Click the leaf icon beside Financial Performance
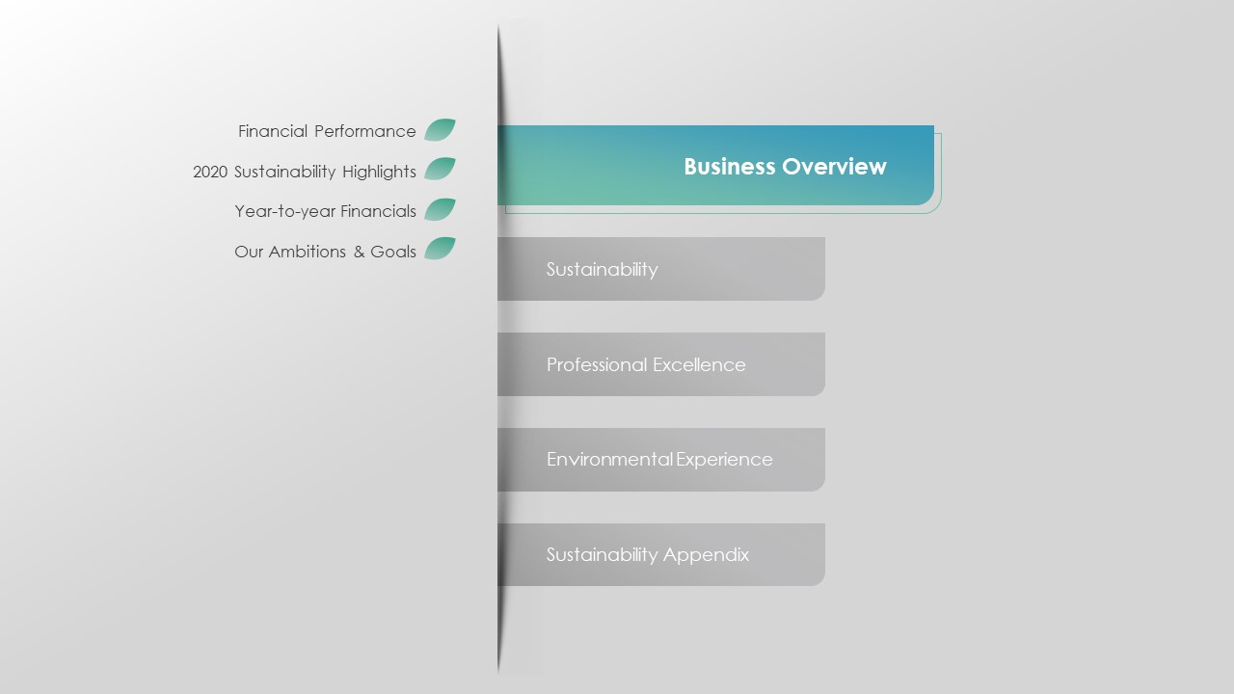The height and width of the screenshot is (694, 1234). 440,130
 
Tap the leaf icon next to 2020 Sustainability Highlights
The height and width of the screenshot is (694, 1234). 440,169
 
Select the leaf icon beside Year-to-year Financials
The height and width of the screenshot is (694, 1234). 440,209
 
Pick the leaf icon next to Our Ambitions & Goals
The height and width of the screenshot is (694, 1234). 440,249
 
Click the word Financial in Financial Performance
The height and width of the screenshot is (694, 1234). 273,131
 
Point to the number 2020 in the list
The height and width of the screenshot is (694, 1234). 210,172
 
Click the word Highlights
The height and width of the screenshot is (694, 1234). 379,172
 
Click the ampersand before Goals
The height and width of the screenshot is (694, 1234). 359,252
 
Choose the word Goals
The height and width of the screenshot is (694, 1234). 393,252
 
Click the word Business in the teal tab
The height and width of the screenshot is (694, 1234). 730,167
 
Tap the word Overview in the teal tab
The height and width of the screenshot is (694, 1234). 835,167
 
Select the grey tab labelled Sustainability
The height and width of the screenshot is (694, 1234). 661,269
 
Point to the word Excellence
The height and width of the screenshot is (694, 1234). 699,364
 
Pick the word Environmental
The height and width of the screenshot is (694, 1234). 610,460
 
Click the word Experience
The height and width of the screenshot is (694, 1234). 724,460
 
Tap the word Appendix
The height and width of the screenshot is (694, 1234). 707,555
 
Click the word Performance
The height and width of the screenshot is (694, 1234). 365,131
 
